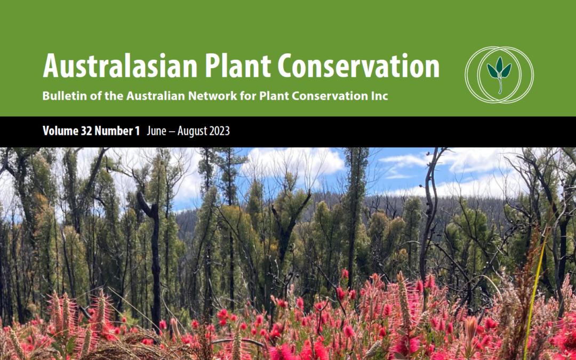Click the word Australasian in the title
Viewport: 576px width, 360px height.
(x=120, y=66)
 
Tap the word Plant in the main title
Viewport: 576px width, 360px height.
(x=237, y=66)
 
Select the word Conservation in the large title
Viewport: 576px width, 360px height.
(x=358, y=66)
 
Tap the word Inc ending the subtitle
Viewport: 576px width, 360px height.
(x=380, y=96)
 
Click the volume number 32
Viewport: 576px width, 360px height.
(x=86, y=131)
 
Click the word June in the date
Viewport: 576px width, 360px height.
(x=156, y=131)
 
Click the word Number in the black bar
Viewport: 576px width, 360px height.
(x=114, y=131)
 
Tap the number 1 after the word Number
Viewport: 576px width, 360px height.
(x=138, y=131)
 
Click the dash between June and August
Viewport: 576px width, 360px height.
(x=172, y=132)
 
